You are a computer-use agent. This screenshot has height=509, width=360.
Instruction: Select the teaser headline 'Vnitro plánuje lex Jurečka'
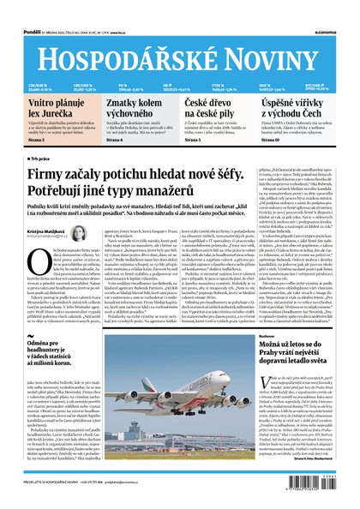[50, 107]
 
